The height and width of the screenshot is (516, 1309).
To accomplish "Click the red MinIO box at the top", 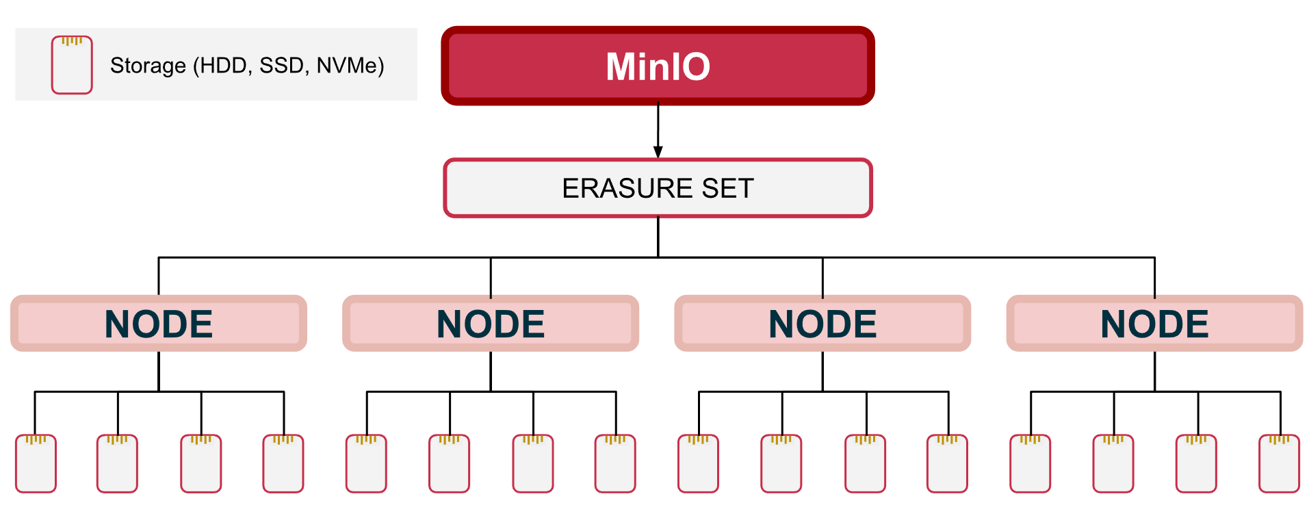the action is pos(658,66).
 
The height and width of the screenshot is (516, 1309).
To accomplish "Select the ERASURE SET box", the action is pos(658,188).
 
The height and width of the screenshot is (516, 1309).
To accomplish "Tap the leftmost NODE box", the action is pos(159,323).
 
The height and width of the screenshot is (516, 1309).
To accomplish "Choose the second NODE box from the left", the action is pos(491,323).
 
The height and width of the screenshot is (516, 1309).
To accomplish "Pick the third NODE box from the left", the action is pos(822,323).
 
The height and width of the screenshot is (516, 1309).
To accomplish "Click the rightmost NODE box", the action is pos(1154,323).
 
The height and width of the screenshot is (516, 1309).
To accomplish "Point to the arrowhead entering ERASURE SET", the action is pos(658,152).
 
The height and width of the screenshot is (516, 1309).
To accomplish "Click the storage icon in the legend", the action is pos(72,65).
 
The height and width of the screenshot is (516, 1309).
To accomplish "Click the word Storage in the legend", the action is pos(148,66).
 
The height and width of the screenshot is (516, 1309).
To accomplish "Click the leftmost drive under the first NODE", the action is pos(36,463).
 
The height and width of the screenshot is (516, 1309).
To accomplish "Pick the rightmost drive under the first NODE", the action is pos(283,463).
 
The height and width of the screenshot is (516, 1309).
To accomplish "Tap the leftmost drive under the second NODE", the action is pos(366,463).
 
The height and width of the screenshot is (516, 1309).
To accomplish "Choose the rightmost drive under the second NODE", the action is pos(615,463).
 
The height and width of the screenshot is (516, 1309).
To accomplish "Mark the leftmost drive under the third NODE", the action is pos(698,463).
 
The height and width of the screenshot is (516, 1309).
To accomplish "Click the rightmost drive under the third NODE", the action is pos(947,463).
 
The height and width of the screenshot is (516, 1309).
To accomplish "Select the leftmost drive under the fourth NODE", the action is pos(1030,463).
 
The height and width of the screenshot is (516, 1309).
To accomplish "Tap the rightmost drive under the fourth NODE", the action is pos(1279,463).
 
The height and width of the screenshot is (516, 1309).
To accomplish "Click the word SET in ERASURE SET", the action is pos(727,188).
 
